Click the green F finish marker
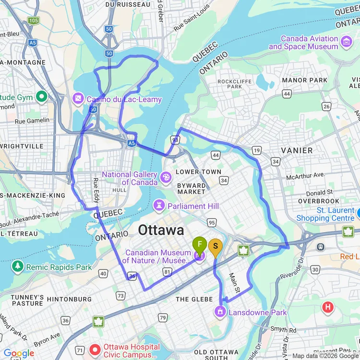coord(200,245)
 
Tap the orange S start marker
coord(216,246)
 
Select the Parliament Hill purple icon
coord(159,206)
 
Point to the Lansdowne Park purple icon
coord(220,312)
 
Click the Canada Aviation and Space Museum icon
coord(346,42)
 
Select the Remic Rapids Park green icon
coord(18,266)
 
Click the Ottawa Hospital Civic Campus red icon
coord(95,348)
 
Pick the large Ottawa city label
coord(161,230)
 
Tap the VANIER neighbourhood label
coord(297,150)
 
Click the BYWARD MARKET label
coord(192,189)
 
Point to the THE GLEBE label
coord(194,299)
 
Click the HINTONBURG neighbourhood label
coord(69,299)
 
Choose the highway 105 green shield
coord(33,21)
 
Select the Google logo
coord(19,354)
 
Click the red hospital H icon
coord(328,307)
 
